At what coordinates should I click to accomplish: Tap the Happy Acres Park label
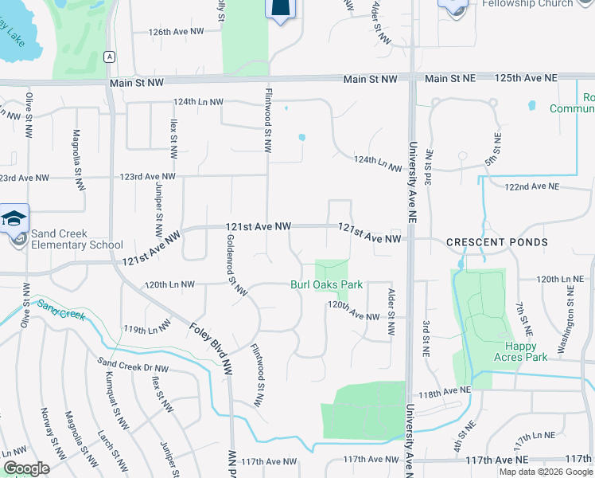tap(526, 351)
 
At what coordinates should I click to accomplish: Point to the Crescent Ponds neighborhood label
tap(497, 242)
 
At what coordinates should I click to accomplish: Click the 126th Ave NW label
tap(177, 32)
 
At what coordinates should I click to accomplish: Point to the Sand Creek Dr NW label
tap(133, 368)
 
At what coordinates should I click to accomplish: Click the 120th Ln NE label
tap(560, 280)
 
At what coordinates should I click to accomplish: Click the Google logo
tap(26, 468)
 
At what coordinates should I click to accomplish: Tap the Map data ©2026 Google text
tap(545, 472)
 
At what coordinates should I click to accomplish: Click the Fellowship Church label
tap(527, 4)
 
